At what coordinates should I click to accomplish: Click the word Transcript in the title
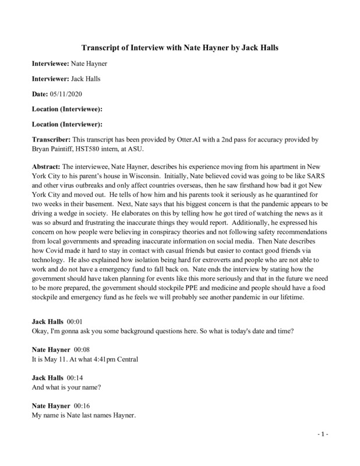tap(101, 49)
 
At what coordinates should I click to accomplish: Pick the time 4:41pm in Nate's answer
tap(103, 359)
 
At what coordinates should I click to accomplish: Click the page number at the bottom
tap(324, 435)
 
